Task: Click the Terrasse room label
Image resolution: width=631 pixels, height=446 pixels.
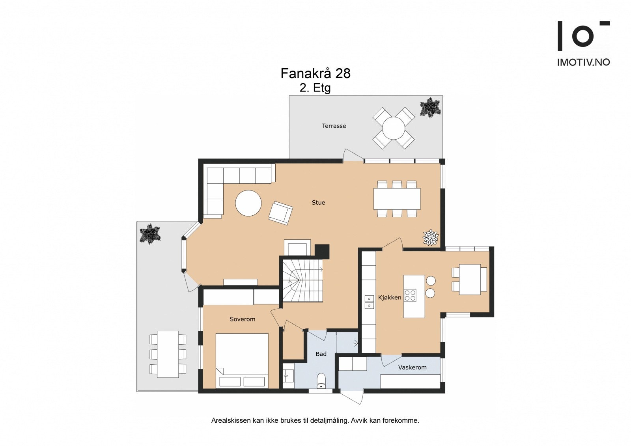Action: (334, 126)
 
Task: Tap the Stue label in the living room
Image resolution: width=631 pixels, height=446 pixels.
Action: (318, 203)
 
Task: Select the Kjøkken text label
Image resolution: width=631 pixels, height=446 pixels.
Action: (390, 297)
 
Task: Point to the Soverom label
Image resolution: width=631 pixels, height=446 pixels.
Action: (242, 319)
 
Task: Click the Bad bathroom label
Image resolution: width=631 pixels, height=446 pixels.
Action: (321, 354)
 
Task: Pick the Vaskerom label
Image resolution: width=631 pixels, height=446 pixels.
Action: (413, 368)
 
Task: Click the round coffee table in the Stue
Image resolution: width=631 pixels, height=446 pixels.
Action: (248, 203)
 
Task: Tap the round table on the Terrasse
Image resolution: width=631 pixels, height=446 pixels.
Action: (394, 128)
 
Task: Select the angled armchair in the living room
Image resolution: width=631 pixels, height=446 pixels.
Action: (280, 213)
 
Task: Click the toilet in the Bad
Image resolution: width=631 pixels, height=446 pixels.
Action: (321, 381)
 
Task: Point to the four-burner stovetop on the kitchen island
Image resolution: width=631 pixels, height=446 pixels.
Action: (410, 295)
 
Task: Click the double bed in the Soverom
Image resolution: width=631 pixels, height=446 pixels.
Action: (242, 361)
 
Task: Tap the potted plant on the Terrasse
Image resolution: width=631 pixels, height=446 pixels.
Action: (430, 107)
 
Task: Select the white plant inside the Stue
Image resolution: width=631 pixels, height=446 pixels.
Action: (430, 237)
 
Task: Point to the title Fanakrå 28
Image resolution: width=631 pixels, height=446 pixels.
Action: (315, 73)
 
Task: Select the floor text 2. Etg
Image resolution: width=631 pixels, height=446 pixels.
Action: (315, 88)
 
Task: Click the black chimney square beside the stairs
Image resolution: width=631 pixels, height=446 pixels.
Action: (322, 251)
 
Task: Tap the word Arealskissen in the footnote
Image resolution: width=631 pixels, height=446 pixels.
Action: (231, 429)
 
